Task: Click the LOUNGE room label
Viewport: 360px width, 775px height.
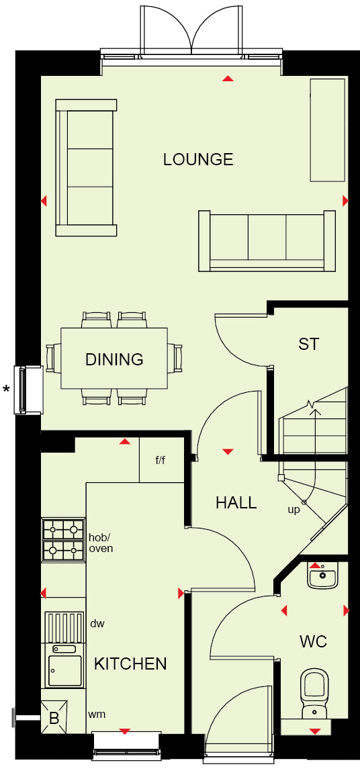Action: (198, 159)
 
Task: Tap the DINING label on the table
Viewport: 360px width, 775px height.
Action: (114, 359)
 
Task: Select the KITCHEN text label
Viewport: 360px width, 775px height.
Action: (130, 664)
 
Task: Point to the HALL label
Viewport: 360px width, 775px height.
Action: (236, 502)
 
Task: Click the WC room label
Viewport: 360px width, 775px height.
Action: (313, 642)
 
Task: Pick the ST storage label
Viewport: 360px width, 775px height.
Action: (308, 344)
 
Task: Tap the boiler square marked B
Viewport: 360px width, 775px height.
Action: (54, 718)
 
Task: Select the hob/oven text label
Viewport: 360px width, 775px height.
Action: (101, 543)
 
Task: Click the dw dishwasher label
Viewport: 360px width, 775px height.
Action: (97, 624)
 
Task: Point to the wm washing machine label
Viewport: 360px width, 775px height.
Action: (97, 714)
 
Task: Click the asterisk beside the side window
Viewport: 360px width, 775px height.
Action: (7, 389)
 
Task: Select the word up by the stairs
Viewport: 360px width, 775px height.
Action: (294, 510)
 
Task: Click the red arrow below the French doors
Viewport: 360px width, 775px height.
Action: (228, 78)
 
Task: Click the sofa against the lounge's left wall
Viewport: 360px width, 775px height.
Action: (87, 168)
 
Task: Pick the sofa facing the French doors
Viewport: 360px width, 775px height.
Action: (267, 240)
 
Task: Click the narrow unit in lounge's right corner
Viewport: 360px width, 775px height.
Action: (327, 130)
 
